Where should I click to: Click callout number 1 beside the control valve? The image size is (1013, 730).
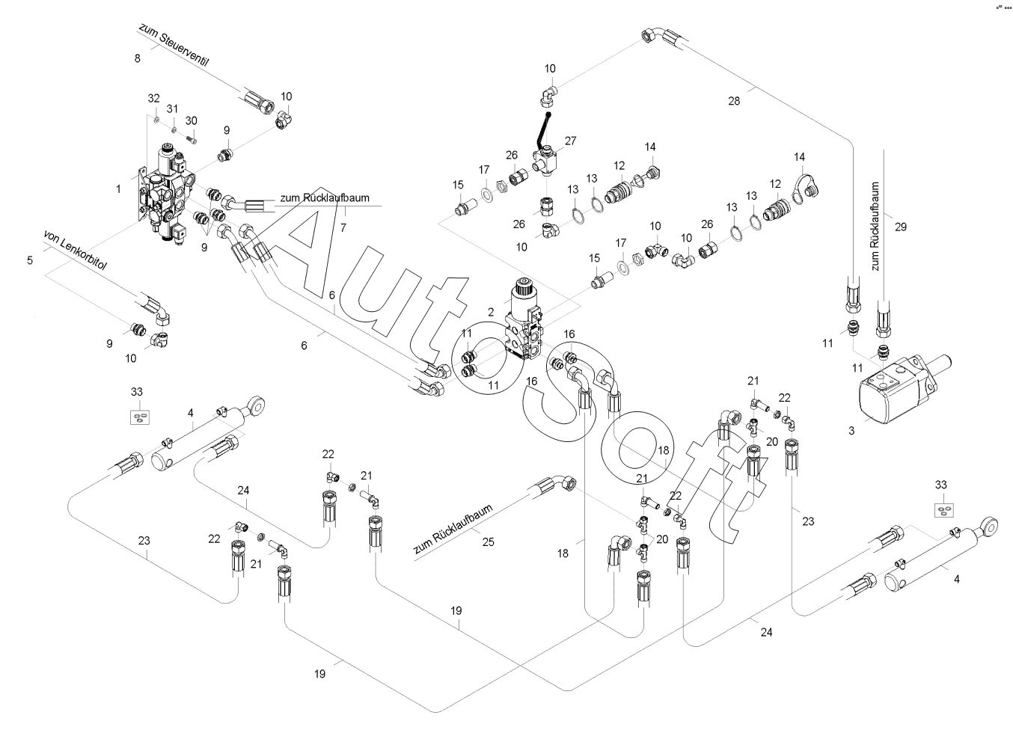coord(118,190)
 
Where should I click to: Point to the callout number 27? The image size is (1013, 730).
coord(571,141)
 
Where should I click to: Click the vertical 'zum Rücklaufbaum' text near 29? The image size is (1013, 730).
coord(876,226)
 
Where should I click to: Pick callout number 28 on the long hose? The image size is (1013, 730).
coord(734,101)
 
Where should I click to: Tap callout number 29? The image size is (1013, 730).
coord(901,227)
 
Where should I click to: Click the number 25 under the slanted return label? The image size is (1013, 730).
coord(488,542)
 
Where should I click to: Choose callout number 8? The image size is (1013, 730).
coord(137,58)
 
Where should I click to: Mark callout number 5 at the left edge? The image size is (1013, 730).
coord(30,261)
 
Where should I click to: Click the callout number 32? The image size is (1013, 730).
coord(153,99)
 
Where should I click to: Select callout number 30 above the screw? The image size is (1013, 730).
coord(192,121)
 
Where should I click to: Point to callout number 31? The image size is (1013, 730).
coord(173,110)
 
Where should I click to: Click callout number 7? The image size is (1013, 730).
coord(343,227)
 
